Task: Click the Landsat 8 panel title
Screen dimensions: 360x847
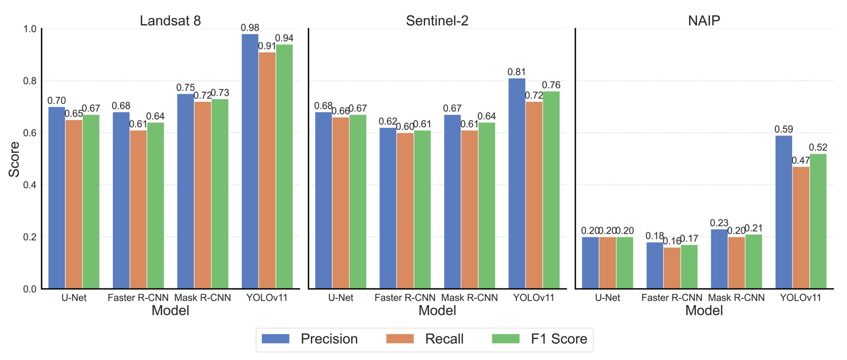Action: [170, 21]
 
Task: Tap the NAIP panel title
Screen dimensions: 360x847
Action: [704, 21]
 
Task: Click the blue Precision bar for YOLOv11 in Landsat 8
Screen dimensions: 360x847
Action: [250, 161]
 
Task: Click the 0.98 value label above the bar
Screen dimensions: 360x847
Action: [250, 28]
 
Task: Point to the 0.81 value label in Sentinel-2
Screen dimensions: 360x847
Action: [517, 72]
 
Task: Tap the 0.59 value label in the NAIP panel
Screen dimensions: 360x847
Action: [783, 129]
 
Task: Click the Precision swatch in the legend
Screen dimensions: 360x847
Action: [276, 339]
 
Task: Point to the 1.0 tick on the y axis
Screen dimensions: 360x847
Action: [30, 29]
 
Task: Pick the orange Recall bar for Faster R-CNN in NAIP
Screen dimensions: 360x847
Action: [672, 268]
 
